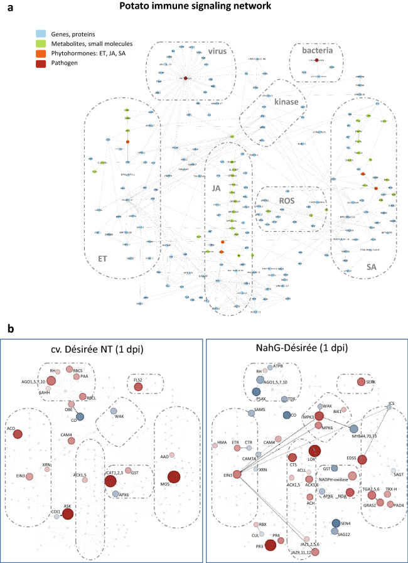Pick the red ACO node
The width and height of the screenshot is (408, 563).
click(18, 433)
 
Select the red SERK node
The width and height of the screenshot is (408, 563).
click(361, 382)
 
